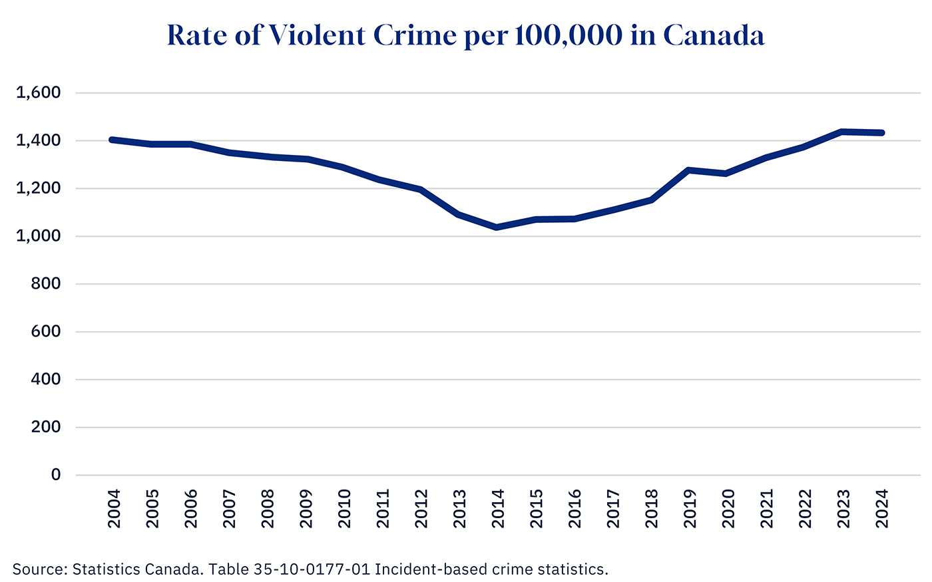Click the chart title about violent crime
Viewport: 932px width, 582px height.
[x=465, y=35]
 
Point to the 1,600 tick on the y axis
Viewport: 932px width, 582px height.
[x=38, y=93]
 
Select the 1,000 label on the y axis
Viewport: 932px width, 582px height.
[x=38, y=236]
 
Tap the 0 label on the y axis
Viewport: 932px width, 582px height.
[x=56, y=475]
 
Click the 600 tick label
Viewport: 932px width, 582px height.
[x=46, y=332]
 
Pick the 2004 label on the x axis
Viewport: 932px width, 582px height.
[x=115, y=509]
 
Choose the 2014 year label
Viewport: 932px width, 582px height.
[x=498, y=509]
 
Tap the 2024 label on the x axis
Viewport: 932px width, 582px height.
[x=882, y=509]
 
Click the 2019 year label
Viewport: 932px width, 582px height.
[x=690, y=509]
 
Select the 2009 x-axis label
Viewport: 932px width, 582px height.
[x=306, y=509]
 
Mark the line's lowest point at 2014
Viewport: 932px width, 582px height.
[x=497, y=227]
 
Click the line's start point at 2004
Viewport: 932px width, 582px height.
[x=112, y=140]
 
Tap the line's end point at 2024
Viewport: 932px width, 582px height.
[x=881, y=133]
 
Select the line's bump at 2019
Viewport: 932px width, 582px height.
[x=689, y=170]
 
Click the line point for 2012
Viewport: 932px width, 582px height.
[x=421, y=190]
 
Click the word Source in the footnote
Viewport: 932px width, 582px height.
[x=38, y=569]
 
